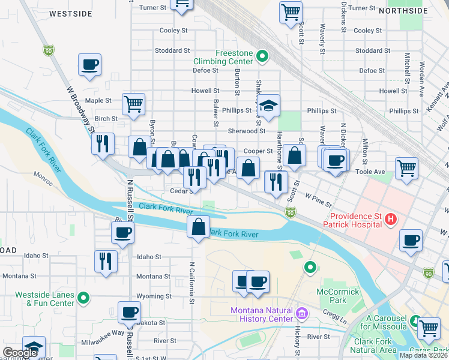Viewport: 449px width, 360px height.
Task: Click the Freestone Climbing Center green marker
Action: (262, 57)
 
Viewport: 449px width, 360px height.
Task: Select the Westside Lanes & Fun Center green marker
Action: (85, 296)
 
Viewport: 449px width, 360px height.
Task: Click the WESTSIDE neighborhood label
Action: (71, 13)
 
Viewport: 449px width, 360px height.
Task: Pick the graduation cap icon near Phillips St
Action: (270, 104)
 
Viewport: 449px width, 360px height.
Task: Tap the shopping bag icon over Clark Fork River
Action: (198, 227)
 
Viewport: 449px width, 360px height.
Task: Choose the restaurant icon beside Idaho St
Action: (106, 260)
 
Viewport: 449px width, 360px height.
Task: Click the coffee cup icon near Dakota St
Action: (129, 312)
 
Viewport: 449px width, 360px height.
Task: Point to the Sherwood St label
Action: (246, 131)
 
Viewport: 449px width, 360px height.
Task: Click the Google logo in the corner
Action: (20, 353)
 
